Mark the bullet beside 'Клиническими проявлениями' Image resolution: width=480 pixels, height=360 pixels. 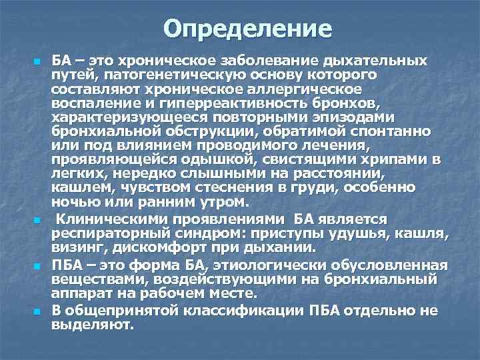pos(37,219)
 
